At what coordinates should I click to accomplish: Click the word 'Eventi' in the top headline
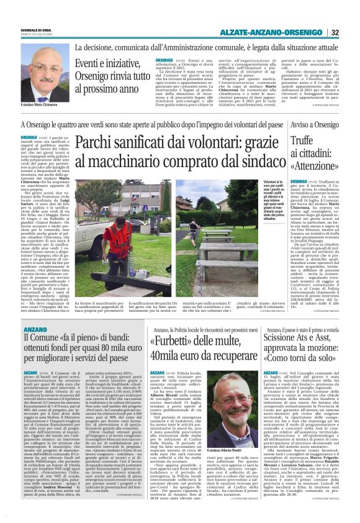[89, 63]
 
